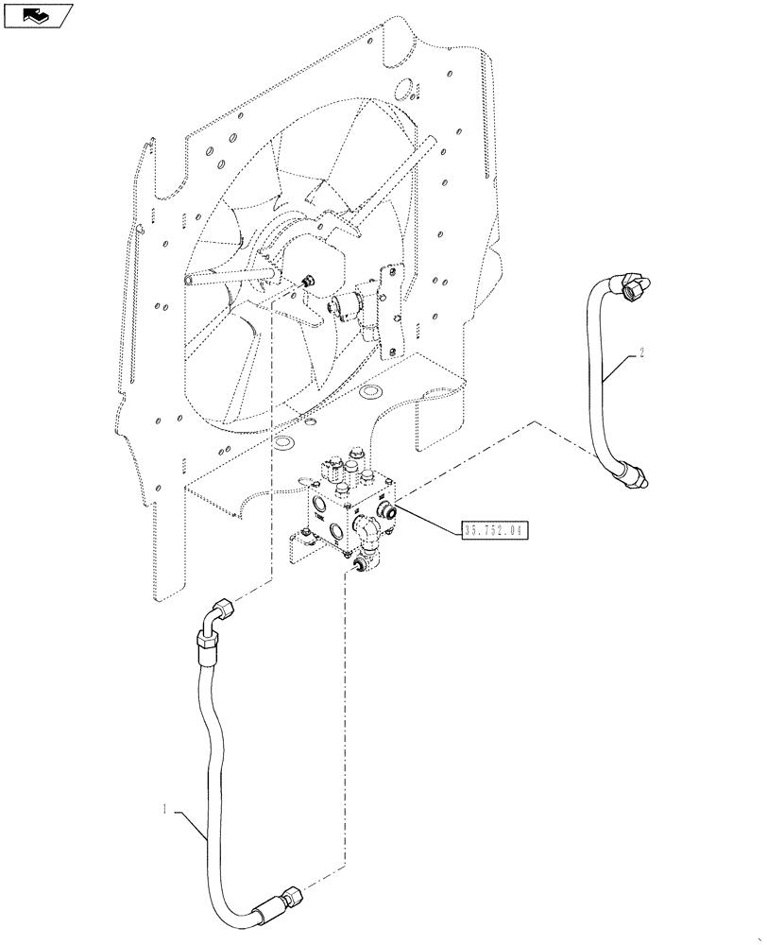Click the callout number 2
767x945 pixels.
642,353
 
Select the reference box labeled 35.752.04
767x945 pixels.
494,530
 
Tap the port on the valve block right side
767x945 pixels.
385,511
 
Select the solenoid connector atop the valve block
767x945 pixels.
331,470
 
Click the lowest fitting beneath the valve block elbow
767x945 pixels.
359,565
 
